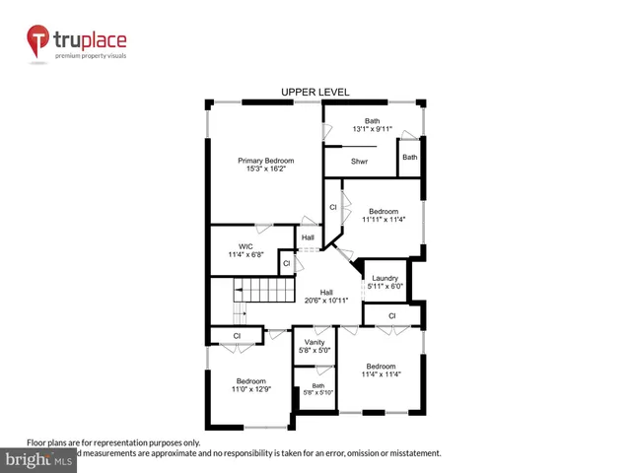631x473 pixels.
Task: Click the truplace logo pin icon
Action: (37, 41)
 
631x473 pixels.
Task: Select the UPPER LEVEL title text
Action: (315, 93)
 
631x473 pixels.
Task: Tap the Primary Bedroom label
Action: (265, 160)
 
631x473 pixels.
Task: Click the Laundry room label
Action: (384, 278)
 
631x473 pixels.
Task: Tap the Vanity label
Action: (315, 342)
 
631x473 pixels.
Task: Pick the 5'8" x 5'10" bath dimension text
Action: (317, 393)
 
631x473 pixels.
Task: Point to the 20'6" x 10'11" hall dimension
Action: (325, 300)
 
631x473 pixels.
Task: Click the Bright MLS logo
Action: (38, 459)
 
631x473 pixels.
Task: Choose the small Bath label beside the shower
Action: (409, 157)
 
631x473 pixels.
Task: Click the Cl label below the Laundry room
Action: (391, 315)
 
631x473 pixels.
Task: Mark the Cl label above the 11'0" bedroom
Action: (238, 336)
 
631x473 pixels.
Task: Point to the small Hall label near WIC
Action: (308, 237)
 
